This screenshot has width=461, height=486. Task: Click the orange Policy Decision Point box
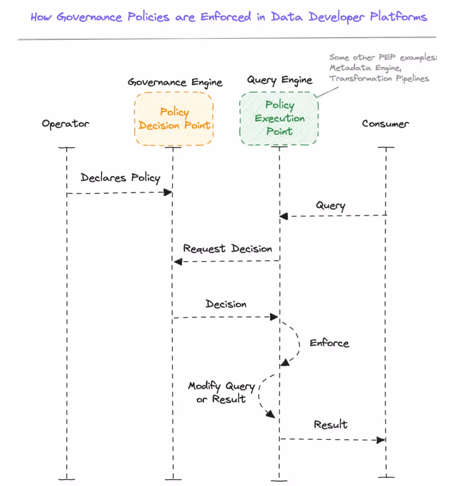[174, 119]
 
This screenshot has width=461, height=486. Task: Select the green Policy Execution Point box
[279, 118]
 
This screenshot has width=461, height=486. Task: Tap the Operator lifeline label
[66, 124]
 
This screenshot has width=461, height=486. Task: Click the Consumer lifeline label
[385, 124]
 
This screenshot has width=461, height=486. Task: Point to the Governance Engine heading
[175, 82]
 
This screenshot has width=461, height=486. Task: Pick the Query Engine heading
[279, 80]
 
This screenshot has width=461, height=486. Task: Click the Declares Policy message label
[120, 178]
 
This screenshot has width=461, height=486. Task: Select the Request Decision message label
[227, 249]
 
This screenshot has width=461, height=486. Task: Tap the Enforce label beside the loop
[329, 343]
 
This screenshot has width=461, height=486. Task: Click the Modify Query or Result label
[221, 392]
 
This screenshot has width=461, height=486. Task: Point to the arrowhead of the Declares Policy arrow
[168, 192]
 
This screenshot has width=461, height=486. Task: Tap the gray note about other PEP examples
[382, 68]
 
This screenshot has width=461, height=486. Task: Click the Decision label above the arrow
[226, 304]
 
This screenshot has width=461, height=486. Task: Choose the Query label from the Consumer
[330, 206]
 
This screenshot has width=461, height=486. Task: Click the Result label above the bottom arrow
[330, 425]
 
